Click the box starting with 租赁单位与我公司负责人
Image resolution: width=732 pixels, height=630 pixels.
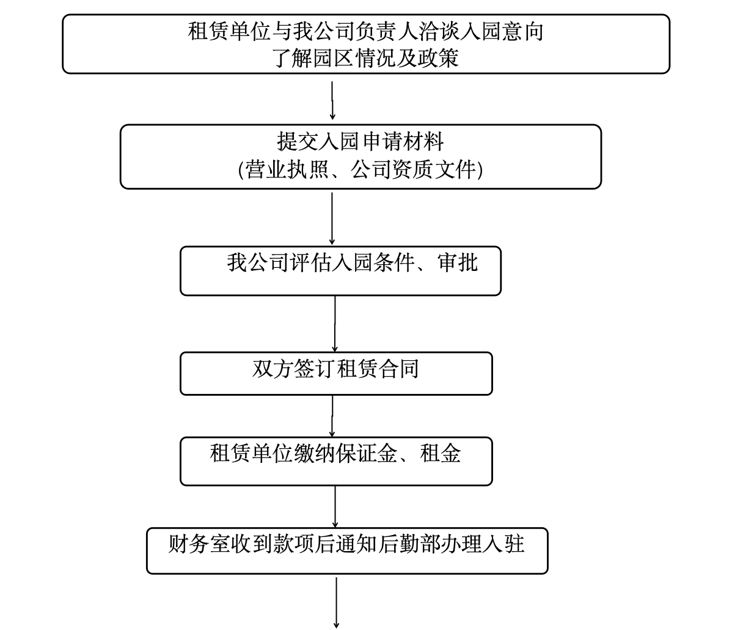(365, 44)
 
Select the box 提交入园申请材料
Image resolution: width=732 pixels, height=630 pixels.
(361, 157)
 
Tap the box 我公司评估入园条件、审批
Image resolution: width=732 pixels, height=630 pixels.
(340, 271)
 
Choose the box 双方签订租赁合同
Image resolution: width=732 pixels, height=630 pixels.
(335, 373)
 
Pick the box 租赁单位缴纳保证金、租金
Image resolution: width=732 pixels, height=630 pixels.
(335, 461)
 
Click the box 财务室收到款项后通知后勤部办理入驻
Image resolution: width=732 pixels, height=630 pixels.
(346, 550)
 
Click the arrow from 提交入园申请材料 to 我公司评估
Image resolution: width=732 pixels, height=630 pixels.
(332, 218)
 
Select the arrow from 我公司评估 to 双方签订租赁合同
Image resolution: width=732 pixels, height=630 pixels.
(335, 324)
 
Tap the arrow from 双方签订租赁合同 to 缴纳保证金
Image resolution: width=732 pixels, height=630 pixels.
(332, 416)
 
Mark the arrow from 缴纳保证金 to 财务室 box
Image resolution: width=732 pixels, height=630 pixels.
(335, 506)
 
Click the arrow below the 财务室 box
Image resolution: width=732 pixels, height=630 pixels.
(335, 602)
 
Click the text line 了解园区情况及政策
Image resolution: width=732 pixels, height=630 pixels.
(365, 58)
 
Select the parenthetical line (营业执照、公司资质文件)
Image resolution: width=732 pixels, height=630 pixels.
(361, 169)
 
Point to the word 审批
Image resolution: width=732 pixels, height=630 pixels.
(458, 262)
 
